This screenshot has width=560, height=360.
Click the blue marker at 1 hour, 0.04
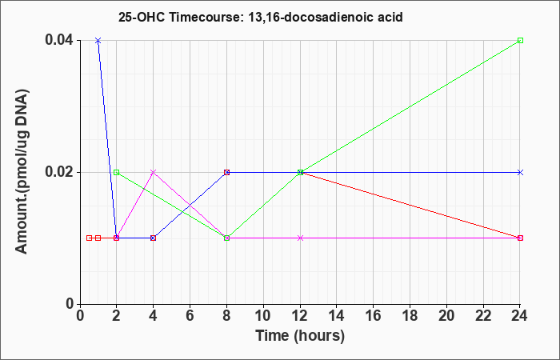[x=98, y=40]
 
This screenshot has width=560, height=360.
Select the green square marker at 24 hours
[x=520, y=40]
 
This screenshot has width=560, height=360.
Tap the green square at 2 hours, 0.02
[x=117, y=172]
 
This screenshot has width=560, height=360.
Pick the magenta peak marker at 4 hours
[x=154, y=172]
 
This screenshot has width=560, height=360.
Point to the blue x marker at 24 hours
[x=520, y=172]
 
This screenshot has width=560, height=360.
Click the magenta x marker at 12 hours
[x=300, y=238]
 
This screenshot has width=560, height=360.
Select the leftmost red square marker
[x=90, y=238]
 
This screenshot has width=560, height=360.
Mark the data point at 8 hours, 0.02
[x=226, y=172]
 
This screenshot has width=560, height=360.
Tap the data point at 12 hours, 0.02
[x=300, y=172]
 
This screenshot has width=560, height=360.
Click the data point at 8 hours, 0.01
[x=226, y=238]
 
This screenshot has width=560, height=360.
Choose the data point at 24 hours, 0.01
[x=520, y=238]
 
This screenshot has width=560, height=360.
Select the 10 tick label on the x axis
[x=263, y=316]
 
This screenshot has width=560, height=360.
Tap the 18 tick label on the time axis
[x=410, y=316]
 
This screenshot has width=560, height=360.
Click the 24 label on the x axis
[x=520, y=316]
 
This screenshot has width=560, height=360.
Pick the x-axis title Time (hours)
[x=300, y=336]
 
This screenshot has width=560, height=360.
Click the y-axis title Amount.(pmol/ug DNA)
[x=22, y=171]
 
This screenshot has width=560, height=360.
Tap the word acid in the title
[x=390, y=17]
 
